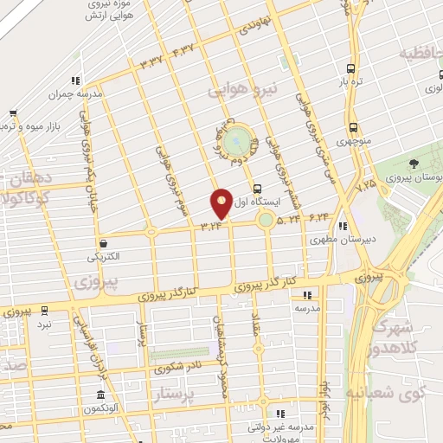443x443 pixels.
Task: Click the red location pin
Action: (222, 203)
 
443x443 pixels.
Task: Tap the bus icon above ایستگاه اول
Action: (257, 188)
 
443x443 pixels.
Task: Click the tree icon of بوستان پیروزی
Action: (414, 163)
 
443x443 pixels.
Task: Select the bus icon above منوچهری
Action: (353, 127)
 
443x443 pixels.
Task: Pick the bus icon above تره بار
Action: (350, 69)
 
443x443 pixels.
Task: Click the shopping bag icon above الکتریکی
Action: (104, 245)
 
